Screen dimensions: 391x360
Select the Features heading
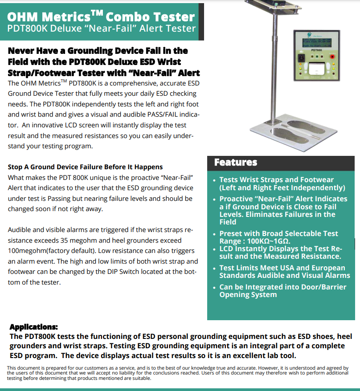[236, 162]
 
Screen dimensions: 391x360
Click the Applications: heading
[33, 327]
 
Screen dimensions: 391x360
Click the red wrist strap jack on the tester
[331, 57]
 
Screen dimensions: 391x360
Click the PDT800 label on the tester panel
[317, 51]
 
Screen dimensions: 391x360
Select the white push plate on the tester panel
[317, 68]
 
